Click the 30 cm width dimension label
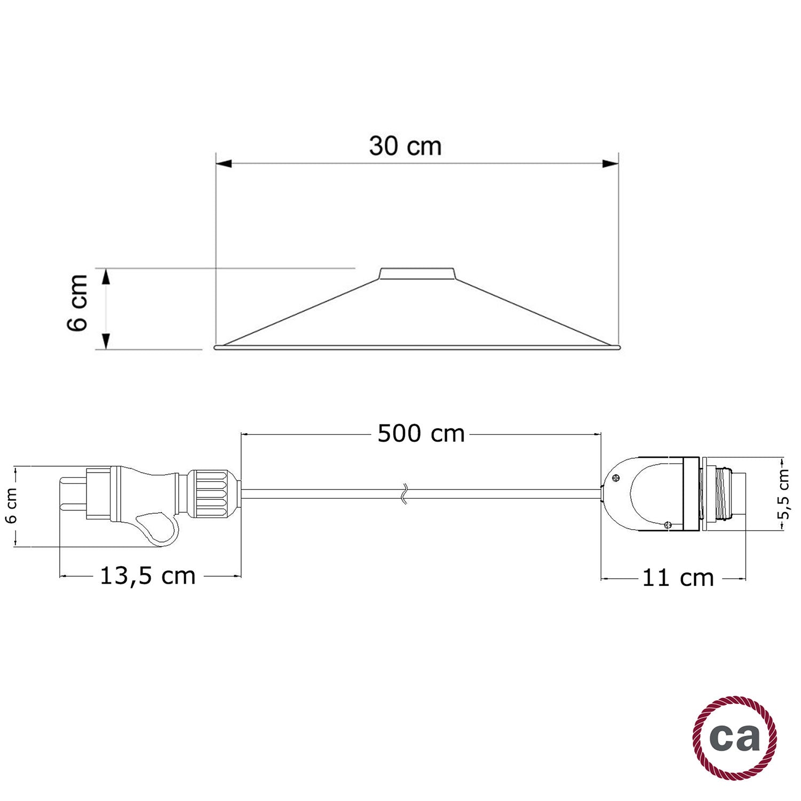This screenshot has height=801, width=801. click(405, 146)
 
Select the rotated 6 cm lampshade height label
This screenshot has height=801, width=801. click(78, 303)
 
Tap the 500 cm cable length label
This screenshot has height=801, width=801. click(421, 434)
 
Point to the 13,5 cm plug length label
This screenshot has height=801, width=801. click(148, 576)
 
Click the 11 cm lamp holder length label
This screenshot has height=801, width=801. click(678, 578)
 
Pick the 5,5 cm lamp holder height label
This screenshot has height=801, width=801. click(783, 494)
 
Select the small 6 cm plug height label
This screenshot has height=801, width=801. click(12, 505)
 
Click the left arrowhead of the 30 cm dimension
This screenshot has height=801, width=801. click(224, 163)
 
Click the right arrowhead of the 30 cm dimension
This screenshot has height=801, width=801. click(610, 163)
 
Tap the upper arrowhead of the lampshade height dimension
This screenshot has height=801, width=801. click(106, 277)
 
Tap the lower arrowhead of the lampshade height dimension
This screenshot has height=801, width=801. click(106, 341)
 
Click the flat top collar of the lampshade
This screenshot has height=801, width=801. click(417, 273)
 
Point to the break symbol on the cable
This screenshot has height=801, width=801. click(405, 494)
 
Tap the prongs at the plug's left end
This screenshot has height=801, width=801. click(72, 492)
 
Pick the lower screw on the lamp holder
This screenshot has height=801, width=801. click(667, 525)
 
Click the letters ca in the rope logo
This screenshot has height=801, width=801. click(735, 737)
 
